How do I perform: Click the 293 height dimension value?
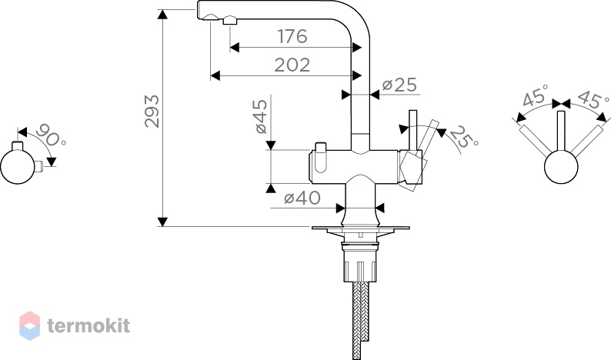coord(152,111)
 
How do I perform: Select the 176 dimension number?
coord(292,36)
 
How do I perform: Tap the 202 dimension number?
coord(292,65)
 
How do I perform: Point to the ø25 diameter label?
coord(399,85)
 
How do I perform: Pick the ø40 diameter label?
coord(302,198)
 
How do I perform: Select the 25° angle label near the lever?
coord(464,136)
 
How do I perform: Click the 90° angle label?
coord(51,135)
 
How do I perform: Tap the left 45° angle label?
coord(536,95)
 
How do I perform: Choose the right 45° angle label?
coord(593,98)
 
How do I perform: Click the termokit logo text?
coord(88,325)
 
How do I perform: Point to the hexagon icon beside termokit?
coord(29,325)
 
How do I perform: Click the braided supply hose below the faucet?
coord(361,319)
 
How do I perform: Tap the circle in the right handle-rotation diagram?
coord(561,167)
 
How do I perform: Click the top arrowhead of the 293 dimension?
coord(162,15)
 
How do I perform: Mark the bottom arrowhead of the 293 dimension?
coord(162,222)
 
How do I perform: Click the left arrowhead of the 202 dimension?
coord(215,75)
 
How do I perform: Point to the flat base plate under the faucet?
coord(360,228)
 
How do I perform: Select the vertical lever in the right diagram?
coord(561,131)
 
